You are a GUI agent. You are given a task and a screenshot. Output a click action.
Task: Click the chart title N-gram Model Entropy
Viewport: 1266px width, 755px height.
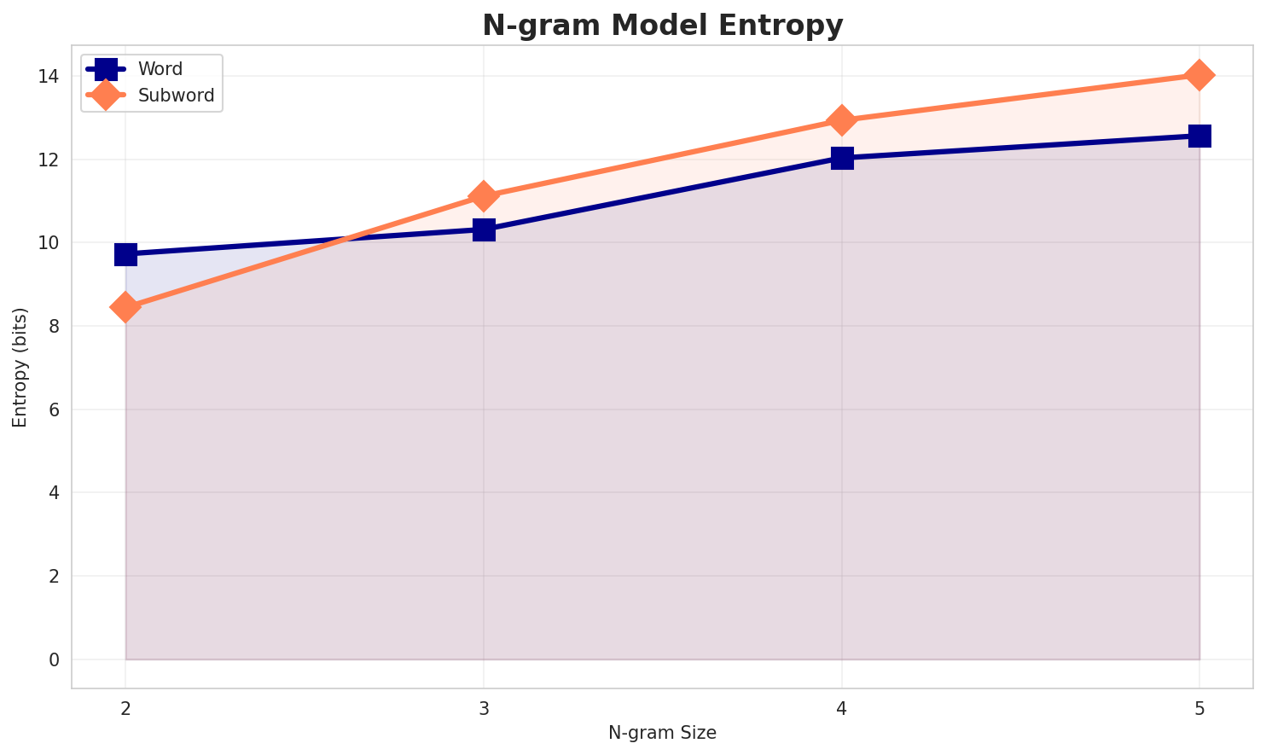click(x=662, y=26)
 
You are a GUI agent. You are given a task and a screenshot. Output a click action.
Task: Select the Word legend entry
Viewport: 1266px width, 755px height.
click(x=160, y=69)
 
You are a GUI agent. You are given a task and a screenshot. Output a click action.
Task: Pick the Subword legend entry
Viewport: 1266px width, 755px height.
click(x=176, y=96)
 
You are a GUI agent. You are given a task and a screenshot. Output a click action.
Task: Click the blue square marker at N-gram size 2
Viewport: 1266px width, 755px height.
click(x=125, y=254)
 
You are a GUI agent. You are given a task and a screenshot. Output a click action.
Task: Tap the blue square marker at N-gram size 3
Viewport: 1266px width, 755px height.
click(x=484, y=229)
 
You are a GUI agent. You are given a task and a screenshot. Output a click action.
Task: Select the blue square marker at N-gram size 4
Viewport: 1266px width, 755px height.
click(x=842, y=158)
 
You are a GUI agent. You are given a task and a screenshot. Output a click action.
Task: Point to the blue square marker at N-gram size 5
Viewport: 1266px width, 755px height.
click(x=1199, y=136)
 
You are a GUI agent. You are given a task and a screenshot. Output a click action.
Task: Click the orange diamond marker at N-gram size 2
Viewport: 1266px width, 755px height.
click(x=125, y=307)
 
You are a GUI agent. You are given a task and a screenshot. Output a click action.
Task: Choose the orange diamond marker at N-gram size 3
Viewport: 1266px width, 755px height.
click(x=484, y=196)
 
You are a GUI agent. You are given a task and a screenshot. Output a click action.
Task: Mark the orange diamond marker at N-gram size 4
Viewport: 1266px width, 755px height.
click(x=842, y=120)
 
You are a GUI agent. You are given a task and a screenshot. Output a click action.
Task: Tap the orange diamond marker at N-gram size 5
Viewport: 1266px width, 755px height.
click(x=1199, y=75)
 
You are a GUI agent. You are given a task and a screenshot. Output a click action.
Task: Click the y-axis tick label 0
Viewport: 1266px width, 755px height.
click(x=54, y=659)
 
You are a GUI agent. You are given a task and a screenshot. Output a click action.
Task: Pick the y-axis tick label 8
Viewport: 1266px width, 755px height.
click(x=54, y=327)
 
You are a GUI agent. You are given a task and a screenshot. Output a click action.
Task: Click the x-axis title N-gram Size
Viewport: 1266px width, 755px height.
click(x=662, y=733)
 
